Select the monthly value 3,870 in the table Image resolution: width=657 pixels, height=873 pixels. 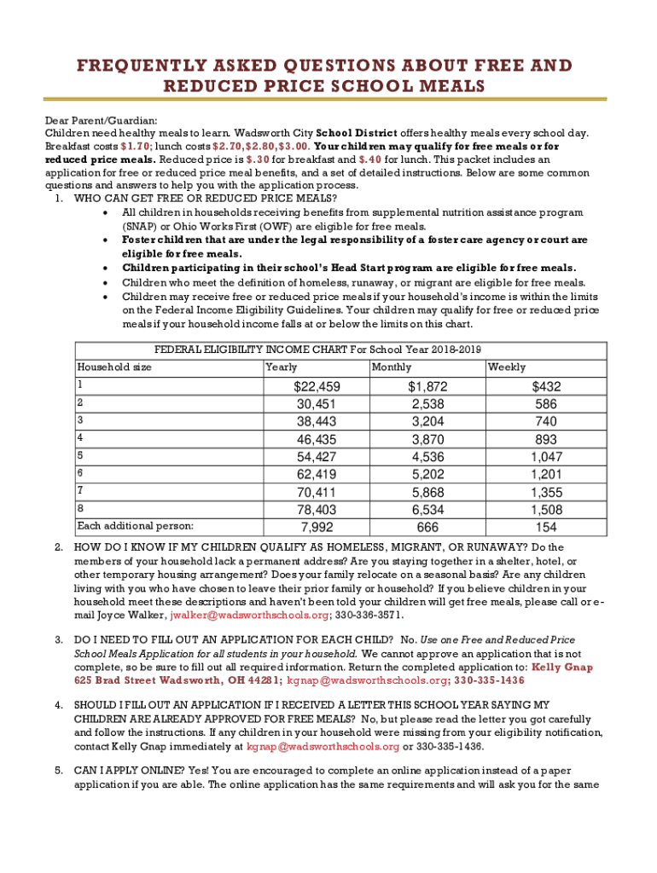point(427,439)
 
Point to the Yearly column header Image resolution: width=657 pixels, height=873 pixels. point(282,367)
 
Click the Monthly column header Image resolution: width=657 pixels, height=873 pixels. point(391,367)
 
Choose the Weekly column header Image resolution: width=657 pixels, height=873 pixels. point(506,367)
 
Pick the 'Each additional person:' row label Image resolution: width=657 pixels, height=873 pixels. point(135,525)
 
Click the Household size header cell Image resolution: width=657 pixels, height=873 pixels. point(114,367)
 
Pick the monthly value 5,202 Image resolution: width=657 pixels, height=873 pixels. point(427,474)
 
